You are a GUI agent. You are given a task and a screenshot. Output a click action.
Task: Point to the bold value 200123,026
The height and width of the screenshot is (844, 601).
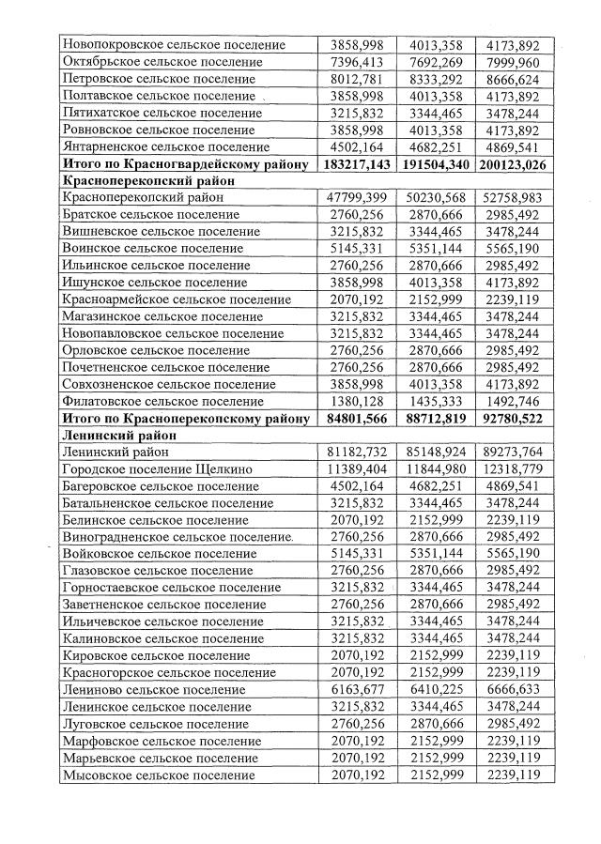[514, 164]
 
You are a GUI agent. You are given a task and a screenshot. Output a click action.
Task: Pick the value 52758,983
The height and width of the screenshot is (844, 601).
[514, 198]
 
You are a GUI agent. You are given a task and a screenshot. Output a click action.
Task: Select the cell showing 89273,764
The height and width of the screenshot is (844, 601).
[514, 452]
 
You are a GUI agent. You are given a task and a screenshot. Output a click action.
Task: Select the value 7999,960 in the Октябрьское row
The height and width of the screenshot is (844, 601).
[514, 62]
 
